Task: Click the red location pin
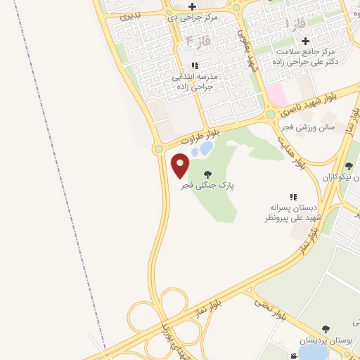point(180,166)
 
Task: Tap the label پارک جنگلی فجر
point(206,186)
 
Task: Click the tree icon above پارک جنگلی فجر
point(207,174)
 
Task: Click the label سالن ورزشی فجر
point(306,127)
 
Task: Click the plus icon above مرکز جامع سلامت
point(305,41)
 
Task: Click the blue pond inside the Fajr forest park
point(205,148)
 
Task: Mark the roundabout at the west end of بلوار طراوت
point(159,148)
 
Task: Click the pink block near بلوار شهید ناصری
point(275,94)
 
